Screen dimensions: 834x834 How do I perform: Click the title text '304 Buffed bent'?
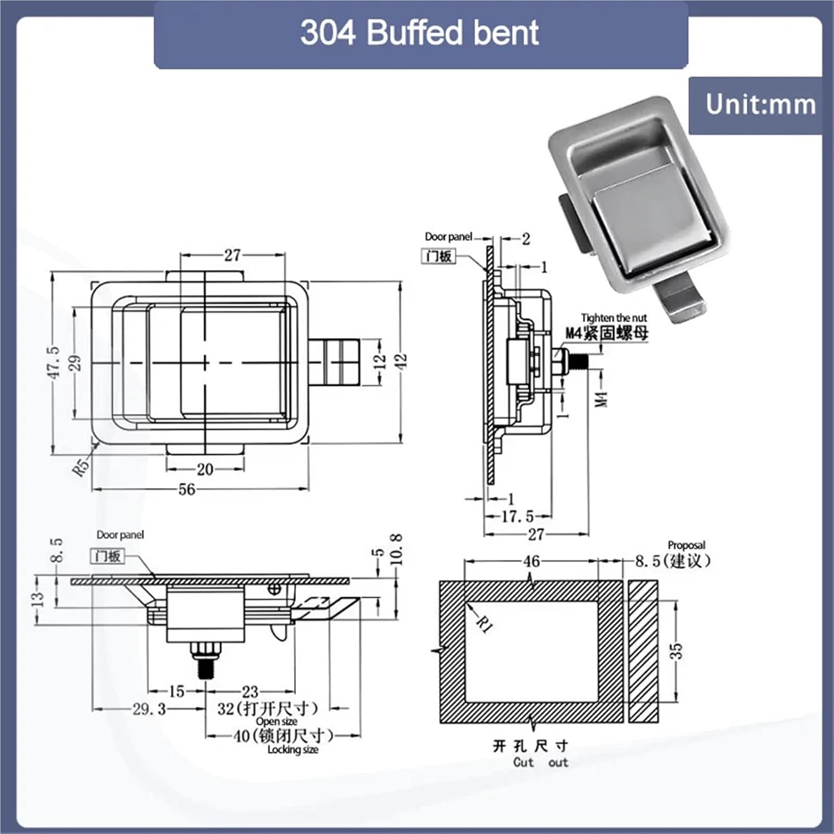(x=419, y=33)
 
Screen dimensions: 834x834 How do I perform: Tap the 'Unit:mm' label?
(x=760, y=105)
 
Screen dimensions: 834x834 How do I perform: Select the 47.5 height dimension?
(x=53, y=362)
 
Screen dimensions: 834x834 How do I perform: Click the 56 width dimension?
(x=187, y=489)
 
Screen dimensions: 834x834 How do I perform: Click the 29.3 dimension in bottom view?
(x=149, y=709)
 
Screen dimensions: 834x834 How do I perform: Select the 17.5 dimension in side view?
(x=517, y=517)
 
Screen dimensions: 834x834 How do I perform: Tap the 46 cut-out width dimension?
(x=531, y=561)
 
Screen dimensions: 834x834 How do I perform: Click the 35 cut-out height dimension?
(x=675, y=651)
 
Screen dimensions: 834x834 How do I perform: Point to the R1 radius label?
(x=485, y=624)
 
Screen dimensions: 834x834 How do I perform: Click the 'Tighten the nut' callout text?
(x=614, y=318)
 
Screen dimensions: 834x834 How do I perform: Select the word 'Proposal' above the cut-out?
(x=686, y=545)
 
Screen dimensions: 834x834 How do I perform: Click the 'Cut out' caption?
(x=540, y=762)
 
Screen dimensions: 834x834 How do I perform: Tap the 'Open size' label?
(x=276, y=722)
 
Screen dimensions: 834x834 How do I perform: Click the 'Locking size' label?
(x=292, y=749)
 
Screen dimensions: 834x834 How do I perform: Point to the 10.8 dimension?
(x=396, y=549)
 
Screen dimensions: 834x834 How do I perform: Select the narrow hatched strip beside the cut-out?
(x=643, y=651)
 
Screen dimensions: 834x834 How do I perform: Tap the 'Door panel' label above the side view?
(x=448, y=237)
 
